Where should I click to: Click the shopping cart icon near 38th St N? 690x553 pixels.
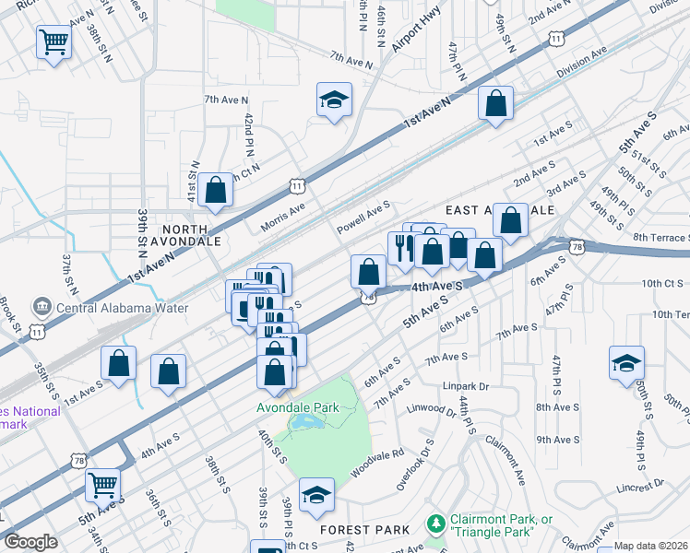pos(54,41)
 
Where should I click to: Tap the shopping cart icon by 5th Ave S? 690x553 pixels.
pos(102,484)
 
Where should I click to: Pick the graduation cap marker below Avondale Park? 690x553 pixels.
pos(316,495)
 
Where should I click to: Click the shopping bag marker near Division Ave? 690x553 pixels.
pos(495,104)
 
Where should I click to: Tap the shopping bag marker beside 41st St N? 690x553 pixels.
pos(215,191)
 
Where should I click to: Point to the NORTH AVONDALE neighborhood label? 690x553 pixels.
pos(191,234)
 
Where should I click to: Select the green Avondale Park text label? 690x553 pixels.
pos(298,407)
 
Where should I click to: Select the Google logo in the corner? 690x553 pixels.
pos(30,542)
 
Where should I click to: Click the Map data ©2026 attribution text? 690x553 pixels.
pos(650,546)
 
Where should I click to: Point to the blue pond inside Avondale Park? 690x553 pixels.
pos(305,421)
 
